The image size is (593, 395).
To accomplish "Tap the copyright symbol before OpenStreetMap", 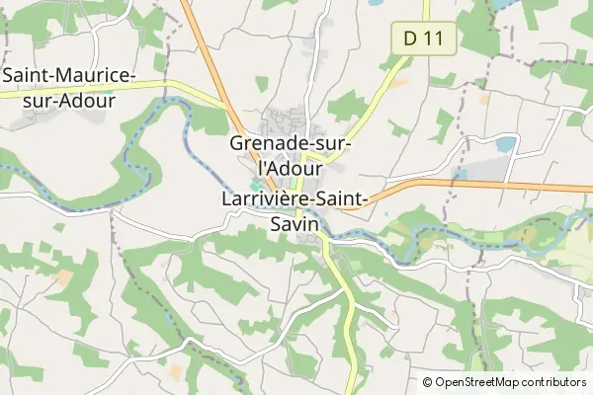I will click(428, 382).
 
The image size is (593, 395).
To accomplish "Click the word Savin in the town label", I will click(295, 225).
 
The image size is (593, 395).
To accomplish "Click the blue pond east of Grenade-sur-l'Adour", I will click(505, 144).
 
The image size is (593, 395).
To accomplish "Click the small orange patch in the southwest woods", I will click(64, 279).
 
